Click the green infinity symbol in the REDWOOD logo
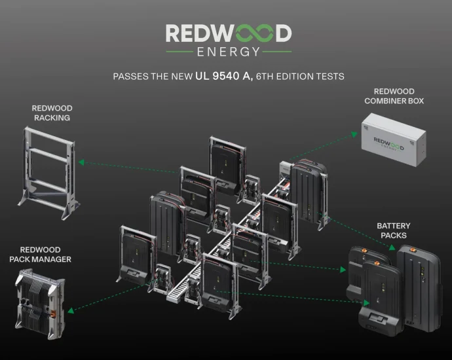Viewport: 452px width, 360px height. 248,33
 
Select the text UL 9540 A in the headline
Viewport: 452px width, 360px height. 224,76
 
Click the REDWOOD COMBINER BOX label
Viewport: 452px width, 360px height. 398,96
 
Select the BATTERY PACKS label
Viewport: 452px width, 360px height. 394,230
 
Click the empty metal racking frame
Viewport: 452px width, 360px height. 47,170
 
